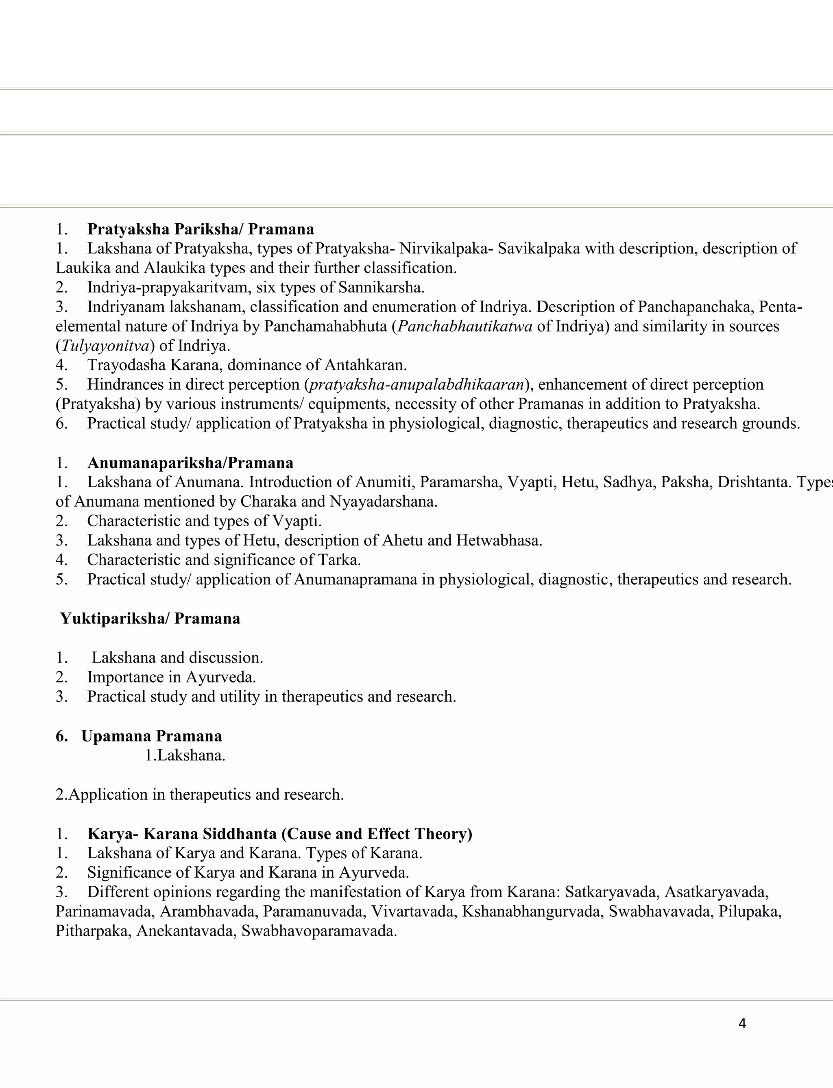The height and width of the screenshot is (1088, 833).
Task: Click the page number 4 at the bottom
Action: click(x=742, y=1023)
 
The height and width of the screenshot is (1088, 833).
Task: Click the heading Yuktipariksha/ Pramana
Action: click(x=150, y=618)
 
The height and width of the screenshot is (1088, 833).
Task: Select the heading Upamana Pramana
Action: click(x=151, y=736)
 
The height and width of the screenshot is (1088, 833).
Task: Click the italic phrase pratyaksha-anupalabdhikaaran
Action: click(x=416, y=384)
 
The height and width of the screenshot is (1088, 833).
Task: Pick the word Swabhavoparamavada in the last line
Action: click(x=319, y=931)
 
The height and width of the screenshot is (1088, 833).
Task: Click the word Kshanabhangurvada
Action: click(x=530, y=911)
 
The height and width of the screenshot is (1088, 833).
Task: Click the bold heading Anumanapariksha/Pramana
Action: click(x=190, y=463)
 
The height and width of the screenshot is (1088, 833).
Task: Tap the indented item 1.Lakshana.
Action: click(x=185, y=755)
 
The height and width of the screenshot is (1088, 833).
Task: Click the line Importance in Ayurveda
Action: click(x=172, y=677)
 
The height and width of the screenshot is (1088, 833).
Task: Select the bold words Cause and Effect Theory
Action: click(x=377, y=834)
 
